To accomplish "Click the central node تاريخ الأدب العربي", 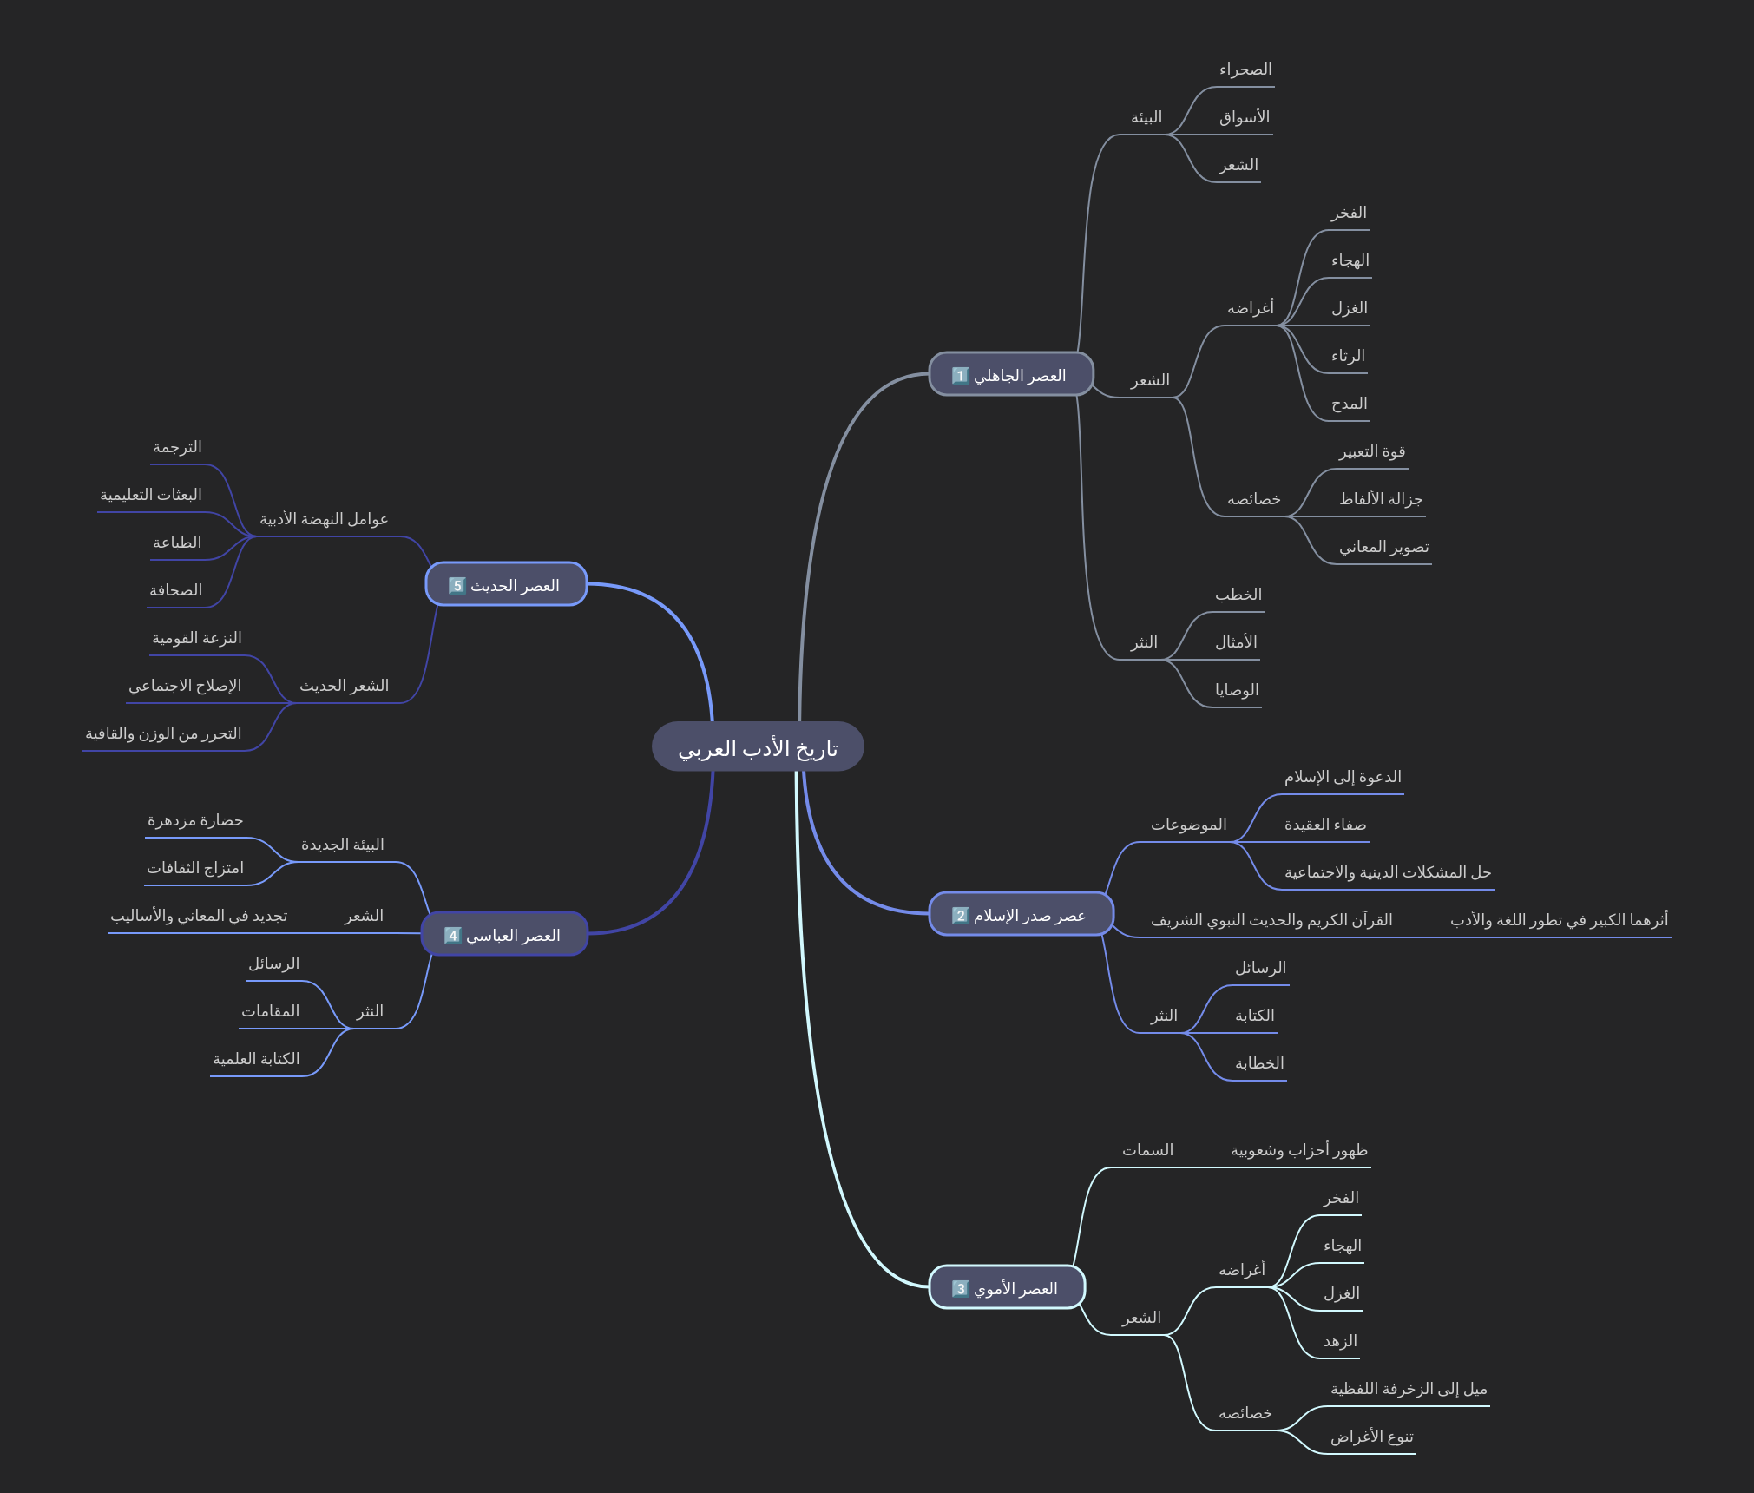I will pyautogui.click(x=758, y=746).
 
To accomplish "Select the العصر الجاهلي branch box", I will pyautogui.click(x=1010, y=374).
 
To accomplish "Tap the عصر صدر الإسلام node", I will pyautogui.click(x=1021, y=914).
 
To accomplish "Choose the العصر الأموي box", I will pyautogui.click(x=1007, y=1287).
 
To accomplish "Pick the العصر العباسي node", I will pyautogui.click(x=504, y=934).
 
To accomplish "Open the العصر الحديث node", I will pyautogui.click(x=506, y=584).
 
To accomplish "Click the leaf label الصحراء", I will pyautogui.click(x=1245, y=69).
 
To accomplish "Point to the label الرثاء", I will pyautogui.click(x=1348, y=356).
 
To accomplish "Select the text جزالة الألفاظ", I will pyautogui.click(x=1380, y=499).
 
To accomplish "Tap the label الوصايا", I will pyautogui.click(x=1237, y=690).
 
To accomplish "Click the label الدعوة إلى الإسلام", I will pyautogui.click(x=1343, y=777).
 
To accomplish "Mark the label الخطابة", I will pyautogui.click(x=1259, y=1063).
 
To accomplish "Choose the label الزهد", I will pyautogui.click(x=1340, y=1341).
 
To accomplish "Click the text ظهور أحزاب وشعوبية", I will pyautogui.click(x=1298, y=1150).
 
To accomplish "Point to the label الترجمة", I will pyautogui.click(x=177, y=447).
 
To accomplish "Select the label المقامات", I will pyautogui.click(x=270, y=1011).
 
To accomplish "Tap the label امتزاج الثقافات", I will pyautogui.click(x=195, y=868).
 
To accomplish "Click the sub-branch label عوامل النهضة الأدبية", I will pyautogui.click(x=324, y=519).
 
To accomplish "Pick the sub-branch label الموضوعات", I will pyautogui.click(x=1188, y=825).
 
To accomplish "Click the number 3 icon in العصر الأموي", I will pyautogui.click(x=960, y=1288).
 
